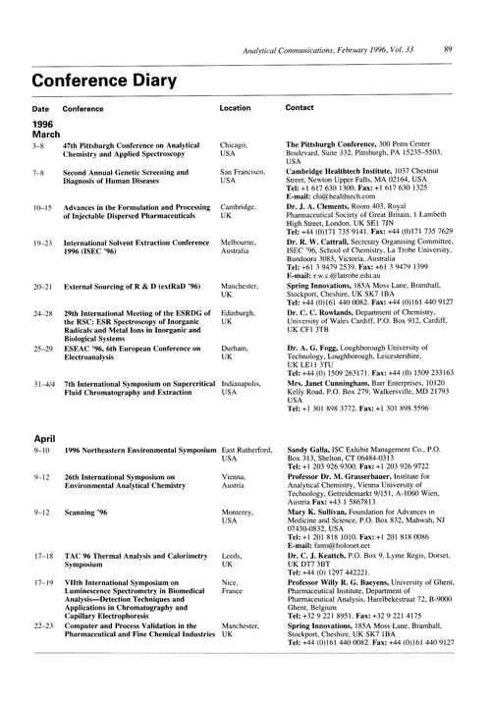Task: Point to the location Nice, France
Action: point(234,614)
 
